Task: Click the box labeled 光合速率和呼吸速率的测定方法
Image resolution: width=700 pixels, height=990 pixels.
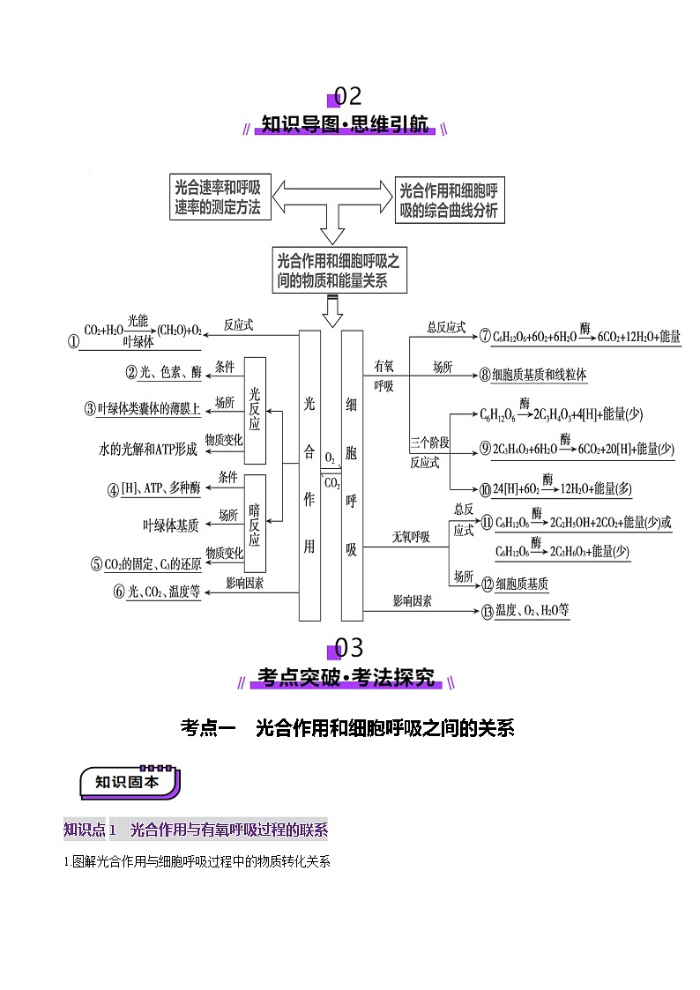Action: pyautogui.click(x=217, y=197)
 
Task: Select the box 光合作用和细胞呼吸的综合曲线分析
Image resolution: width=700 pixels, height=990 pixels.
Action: pyautogui.click(x=449, y=200)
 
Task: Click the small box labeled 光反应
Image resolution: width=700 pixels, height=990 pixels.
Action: pyautogui.click(x=255, y=410)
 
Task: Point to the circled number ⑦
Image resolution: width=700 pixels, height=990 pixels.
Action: pyautogui.click(x=485, y=336)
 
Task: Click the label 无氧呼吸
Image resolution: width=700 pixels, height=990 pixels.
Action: pyautogui.click(x=410, y=536)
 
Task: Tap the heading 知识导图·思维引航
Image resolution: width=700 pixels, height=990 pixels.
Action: pyautogui.click(x=346, y=124)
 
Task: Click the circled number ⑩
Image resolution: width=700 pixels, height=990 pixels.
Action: pyautogui.click(x=485, y=489)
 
